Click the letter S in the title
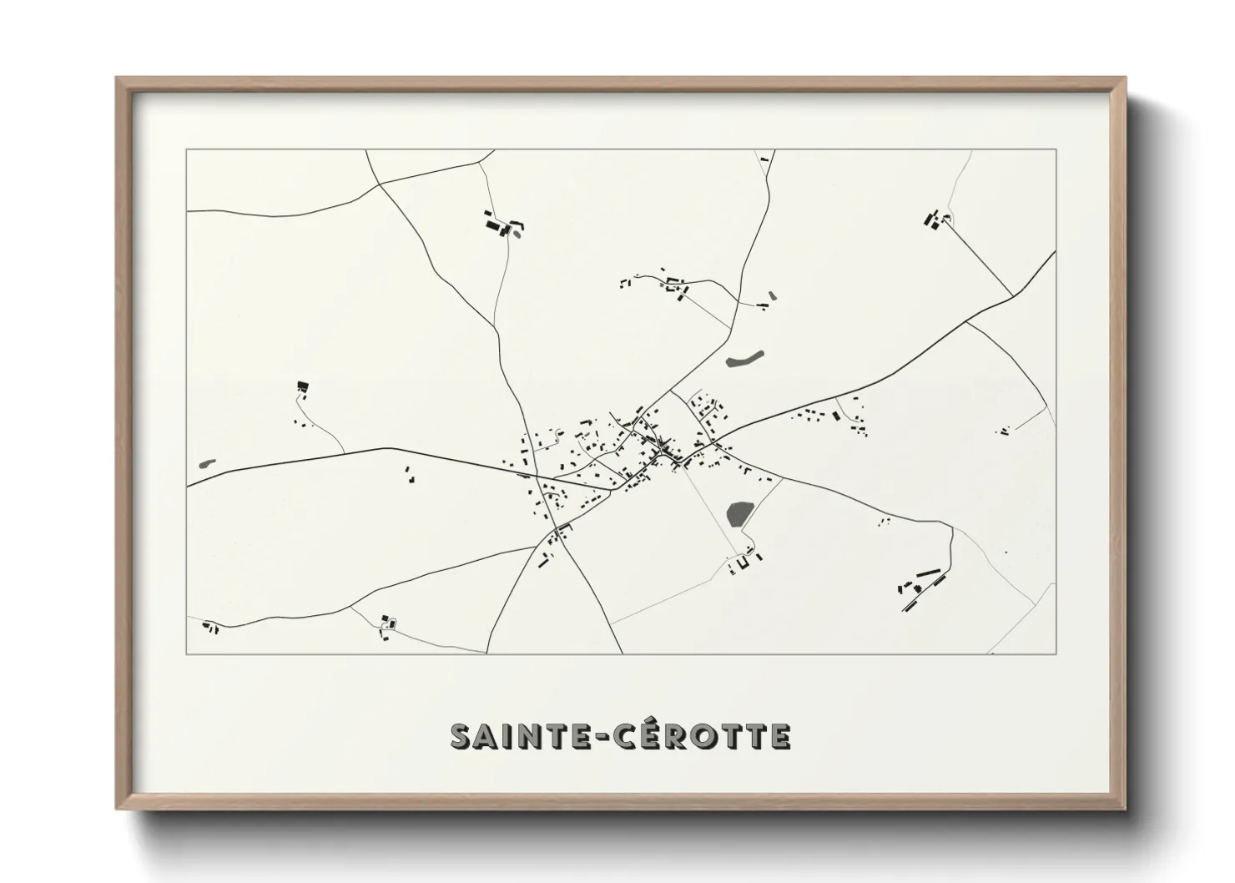coord(462,736)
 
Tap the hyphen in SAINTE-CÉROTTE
coord(597,737)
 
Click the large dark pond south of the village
coord(738,513)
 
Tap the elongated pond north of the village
coord(744,360)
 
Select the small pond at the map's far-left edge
coord(206,462)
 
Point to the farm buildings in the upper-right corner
coord(935,220)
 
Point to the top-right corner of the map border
coord(1056,149)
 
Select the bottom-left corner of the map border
coord(187,654)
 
